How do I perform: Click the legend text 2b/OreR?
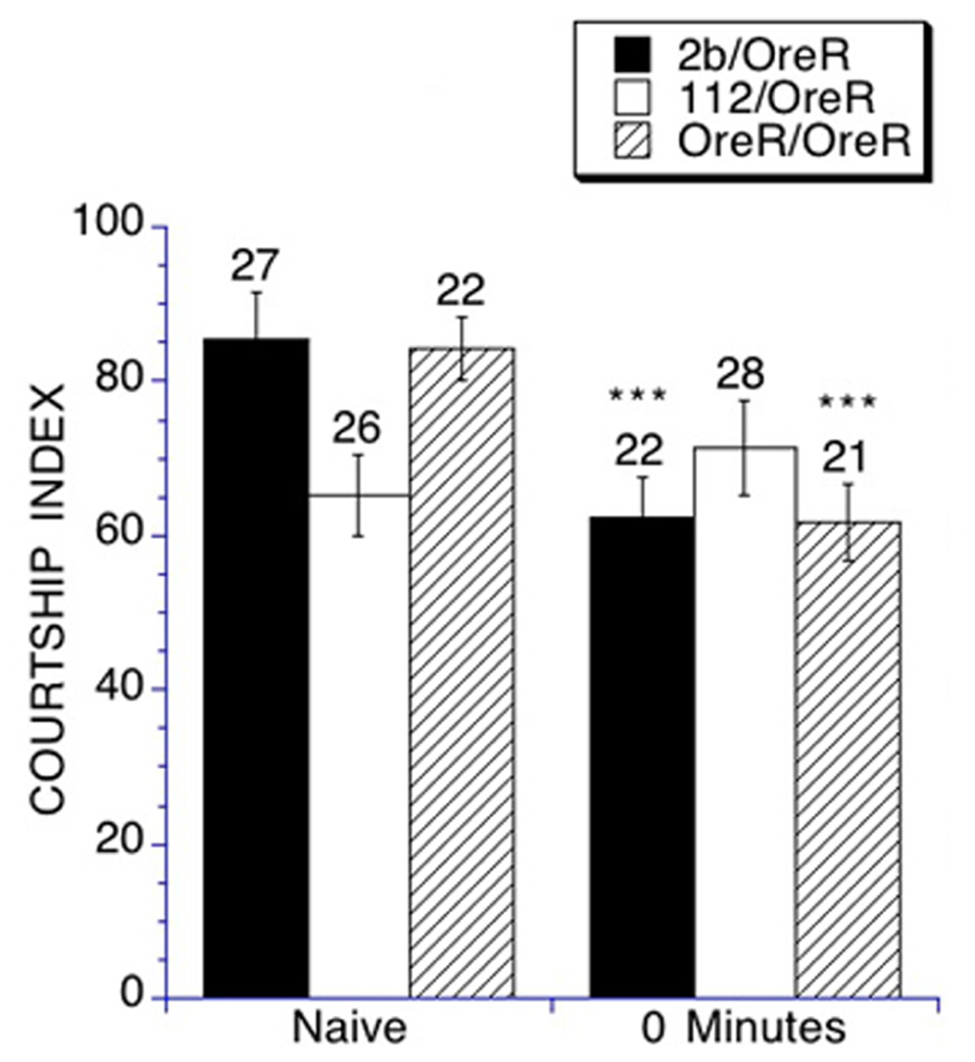pos(763,57)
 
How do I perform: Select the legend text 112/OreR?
pos(776,99)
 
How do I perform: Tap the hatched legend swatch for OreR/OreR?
pos(633,141)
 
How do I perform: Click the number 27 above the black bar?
pos(254,266)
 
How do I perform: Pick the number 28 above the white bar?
pos(740,374)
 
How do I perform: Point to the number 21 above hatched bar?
pos(845,457)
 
